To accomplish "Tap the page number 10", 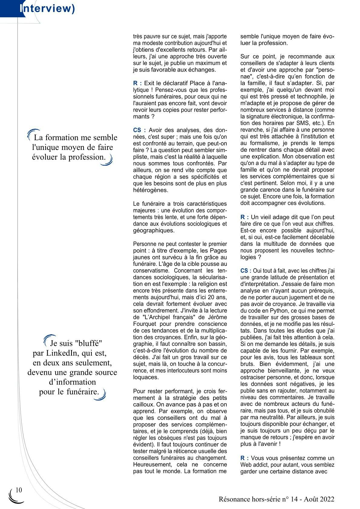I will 19,490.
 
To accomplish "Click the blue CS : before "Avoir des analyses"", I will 139,130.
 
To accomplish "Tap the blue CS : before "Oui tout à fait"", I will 246,271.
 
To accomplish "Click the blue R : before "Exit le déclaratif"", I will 137,83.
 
